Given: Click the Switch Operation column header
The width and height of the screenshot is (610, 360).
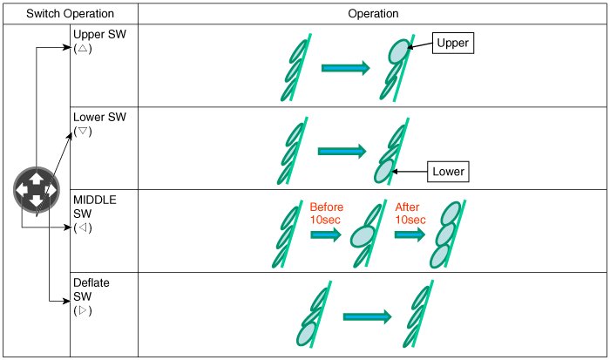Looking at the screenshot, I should [x=69, y=14].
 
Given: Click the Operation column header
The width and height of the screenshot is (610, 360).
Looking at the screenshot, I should [x=373, y=14].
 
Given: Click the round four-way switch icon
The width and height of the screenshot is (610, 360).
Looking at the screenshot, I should [x=35, y=189].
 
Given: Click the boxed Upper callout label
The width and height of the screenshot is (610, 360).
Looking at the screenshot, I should [x=452, y=43].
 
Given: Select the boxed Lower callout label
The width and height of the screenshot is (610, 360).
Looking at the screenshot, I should [x=448, y=172].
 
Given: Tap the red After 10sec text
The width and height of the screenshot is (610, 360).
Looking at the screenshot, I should [x=410, y=213].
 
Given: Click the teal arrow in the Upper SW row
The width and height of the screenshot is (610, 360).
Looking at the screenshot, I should [x=346, y=67].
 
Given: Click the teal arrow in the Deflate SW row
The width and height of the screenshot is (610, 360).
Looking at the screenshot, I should [x=366, y=318].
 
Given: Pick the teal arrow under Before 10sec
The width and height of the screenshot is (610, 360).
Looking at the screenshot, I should [x=325, y=235].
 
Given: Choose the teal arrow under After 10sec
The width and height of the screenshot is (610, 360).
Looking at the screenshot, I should [x=410, y=235].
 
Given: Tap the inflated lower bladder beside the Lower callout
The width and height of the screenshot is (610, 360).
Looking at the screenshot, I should [x=383, y=169].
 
